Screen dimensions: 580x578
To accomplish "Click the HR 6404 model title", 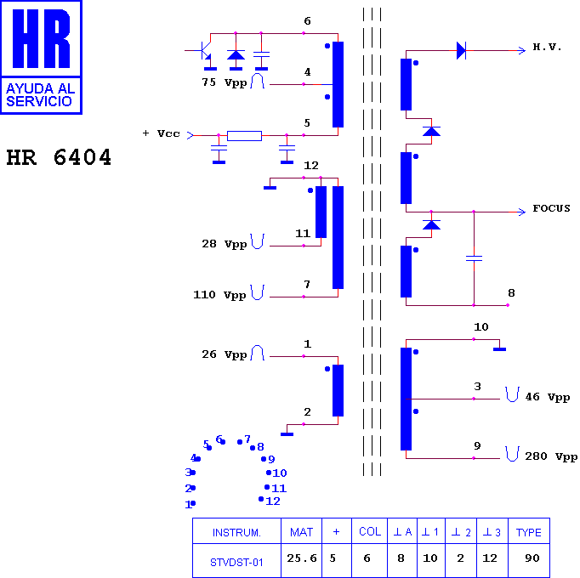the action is click(59, 157).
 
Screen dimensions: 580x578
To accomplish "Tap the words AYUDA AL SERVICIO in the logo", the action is click(41, 95).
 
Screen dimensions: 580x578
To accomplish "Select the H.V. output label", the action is click(547, 47).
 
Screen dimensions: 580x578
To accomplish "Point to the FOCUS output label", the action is click(551, 208).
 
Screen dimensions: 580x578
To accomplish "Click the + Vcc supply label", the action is click(162, 133).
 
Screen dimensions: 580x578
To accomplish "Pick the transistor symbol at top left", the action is click(203, 51).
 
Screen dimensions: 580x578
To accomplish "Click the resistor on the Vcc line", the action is click(244, 136).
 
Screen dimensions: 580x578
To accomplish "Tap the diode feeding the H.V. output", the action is click(461, 50).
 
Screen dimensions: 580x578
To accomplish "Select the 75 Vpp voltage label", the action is click(225, 82).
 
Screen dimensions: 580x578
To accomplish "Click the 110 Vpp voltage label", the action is click(219, 295).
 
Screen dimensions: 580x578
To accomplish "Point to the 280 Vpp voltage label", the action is click(551, 456).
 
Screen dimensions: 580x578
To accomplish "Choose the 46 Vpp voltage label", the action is click(548, 397).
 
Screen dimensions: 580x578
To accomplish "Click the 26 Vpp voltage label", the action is click(225, 354).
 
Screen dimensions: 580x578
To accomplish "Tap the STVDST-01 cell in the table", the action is click(236, 563).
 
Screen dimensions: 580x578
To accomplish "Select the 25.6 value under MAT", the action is click(302, 558).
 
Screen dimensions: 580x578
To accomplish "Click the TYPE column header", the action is click(529, 532).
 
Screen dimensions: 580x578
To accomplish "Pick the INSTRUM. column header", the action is click(236, 532).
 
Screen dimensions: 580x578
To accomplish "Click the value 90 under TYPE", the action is click(532, 558).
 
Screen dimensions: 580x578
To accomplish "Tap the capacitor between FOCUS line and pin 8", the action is click(474, 258).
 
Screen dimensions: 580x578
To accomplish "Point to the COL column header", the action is click(370, 531).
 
